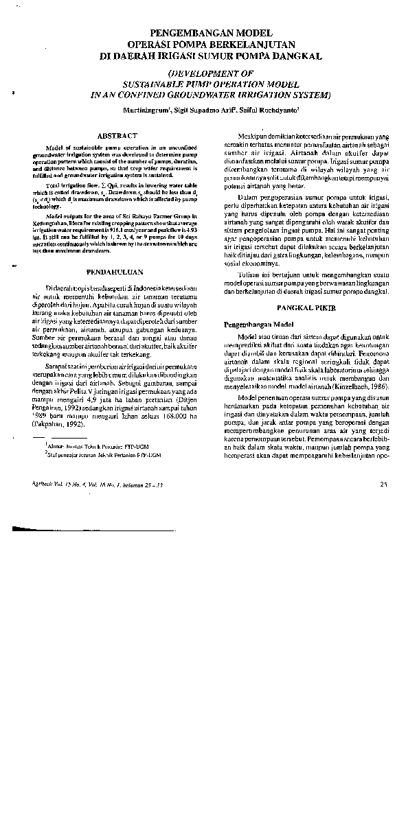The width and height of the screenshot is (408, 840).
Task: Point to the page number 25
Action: click(383, 485)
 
